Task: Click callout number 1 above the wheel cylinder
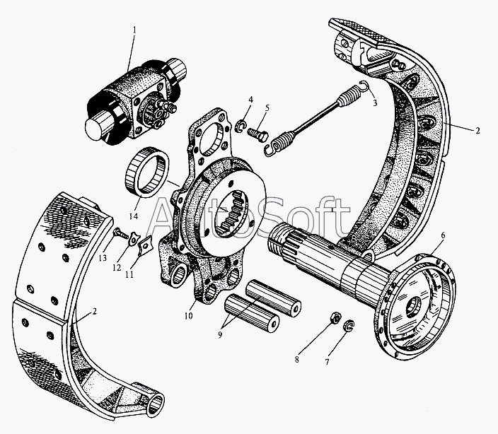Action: tap(134, 30)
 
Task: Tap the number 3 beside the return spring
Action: tap(375, 103)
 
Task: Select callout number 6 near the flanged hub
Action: tap(443, 235)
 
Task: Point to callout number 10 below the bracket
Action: tap(188, 316)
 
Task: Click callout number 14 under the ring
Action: tap(134, 216)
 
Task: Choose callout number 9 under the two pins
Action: tap(220, 335)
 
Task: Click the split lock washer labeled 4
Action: tap(241, 127)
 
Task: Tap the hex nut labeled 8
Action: tap(334, 317)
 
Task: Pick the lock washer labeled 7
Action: tap(349, 326)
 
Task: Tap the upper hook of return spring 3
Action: tap(364, 84)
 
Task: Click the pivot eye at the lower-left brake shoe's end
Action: tap(156, 404)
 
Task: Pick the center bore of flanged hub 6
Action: tap(414, 307)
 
